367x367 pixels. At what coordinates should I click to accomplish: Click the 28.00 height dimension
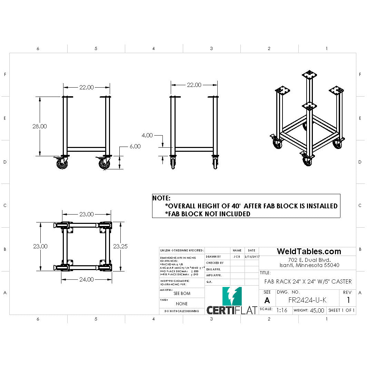(40, 126)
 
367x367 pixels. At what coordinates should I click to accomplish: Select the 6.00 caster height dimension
(135, 146)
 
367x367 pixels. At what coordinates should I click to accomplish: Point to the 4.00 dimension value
(147, 135)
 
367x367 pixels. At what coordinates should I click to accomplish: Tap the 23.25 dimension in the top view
(121, 246)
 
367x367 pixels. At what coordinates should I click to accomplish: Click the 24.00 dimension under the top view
(86, 279)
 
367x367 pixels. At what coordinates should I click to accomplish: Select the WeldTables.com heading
(309, 251)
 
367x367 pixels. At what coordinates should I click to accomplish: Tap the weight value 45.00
(317, 310)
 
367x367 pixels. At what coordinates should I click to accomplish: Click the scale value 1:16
(282, 310)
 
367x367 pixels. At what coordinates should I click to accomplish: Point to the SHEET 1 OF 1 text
(341, 310)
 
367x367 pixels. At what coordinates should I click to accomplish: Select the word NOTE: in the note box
(161, 198)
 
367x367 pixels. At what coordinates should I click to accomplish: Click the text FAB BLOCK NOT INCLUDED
(208, 214)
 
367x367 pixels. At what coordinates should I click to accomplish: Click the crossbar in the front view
(86, 149)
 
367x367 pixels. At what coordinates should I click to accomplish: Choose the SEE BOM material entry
(182, 294)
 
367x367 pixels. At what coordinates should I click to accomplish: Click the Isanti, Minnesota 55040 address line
(309, 265)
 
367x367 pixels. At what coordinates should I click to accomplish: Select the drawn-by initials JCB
(237, 257)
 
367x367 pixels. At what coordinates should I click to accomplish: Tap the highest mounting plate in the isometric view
(309, 75)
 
